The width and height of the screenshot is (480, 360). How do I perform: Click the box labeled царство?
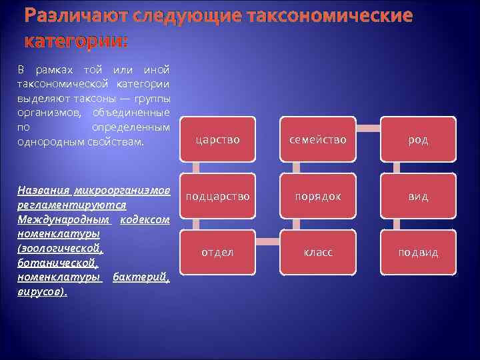(x=217, y=139)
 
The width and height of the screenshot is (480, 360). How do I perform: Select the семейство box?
(x=317, y=139)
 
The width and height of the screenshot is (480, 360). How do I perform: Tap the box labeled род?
(x=418, y=139)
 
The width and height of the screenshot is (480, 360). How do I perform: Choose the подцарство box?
(x=217, y=196)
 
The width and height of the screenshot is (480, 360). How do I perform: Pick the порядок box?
(x=317, y=196)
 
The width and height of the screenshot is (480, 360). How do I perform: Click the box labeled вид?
(x=418, y=196)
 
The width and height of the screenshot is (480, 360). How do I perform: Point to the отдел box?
(x=217, y=253)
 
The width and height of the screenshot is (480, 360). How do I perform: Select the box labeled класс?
(x=317, y=253)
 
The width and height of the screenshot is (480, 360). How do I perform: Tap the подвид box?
(x=418, y=253)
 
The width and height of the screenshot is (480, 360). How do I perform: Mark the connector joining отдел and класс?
(x=267, y=239)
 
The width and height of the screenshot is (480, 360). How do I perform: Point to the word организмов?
(x=43, y=111)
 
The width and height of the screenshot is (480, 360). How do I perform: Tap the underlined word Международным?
(x=64, y=219)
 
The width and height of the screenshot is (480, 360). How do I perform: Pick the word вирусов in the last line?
(x=41, y=291)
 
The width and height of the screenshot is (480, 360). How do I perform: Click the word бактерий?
(x=141, y=277)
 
